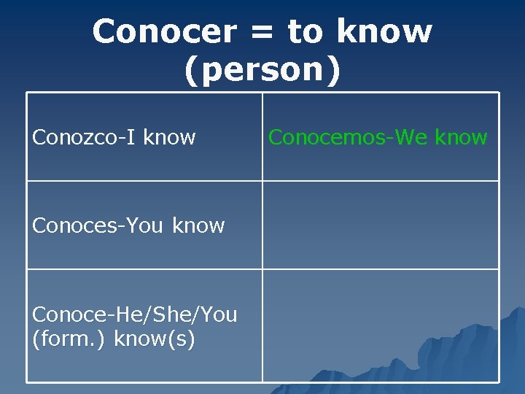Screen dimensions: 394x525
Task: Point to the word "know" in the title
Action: [384, 31]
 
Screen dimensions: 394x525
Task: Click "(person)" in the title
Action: [262, 70]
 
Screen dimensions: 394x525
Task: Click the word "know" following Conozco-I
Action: [169, 137]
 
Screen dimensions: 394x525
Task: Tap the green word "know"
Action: [461, 137]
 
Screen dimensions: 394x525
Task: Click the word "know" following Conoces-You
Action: [198, 225]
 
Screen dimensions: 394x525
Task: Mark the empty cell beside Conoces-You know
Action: [381, 225]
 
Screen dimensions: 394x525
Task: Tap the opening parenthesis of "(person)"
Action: [190, 71]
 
